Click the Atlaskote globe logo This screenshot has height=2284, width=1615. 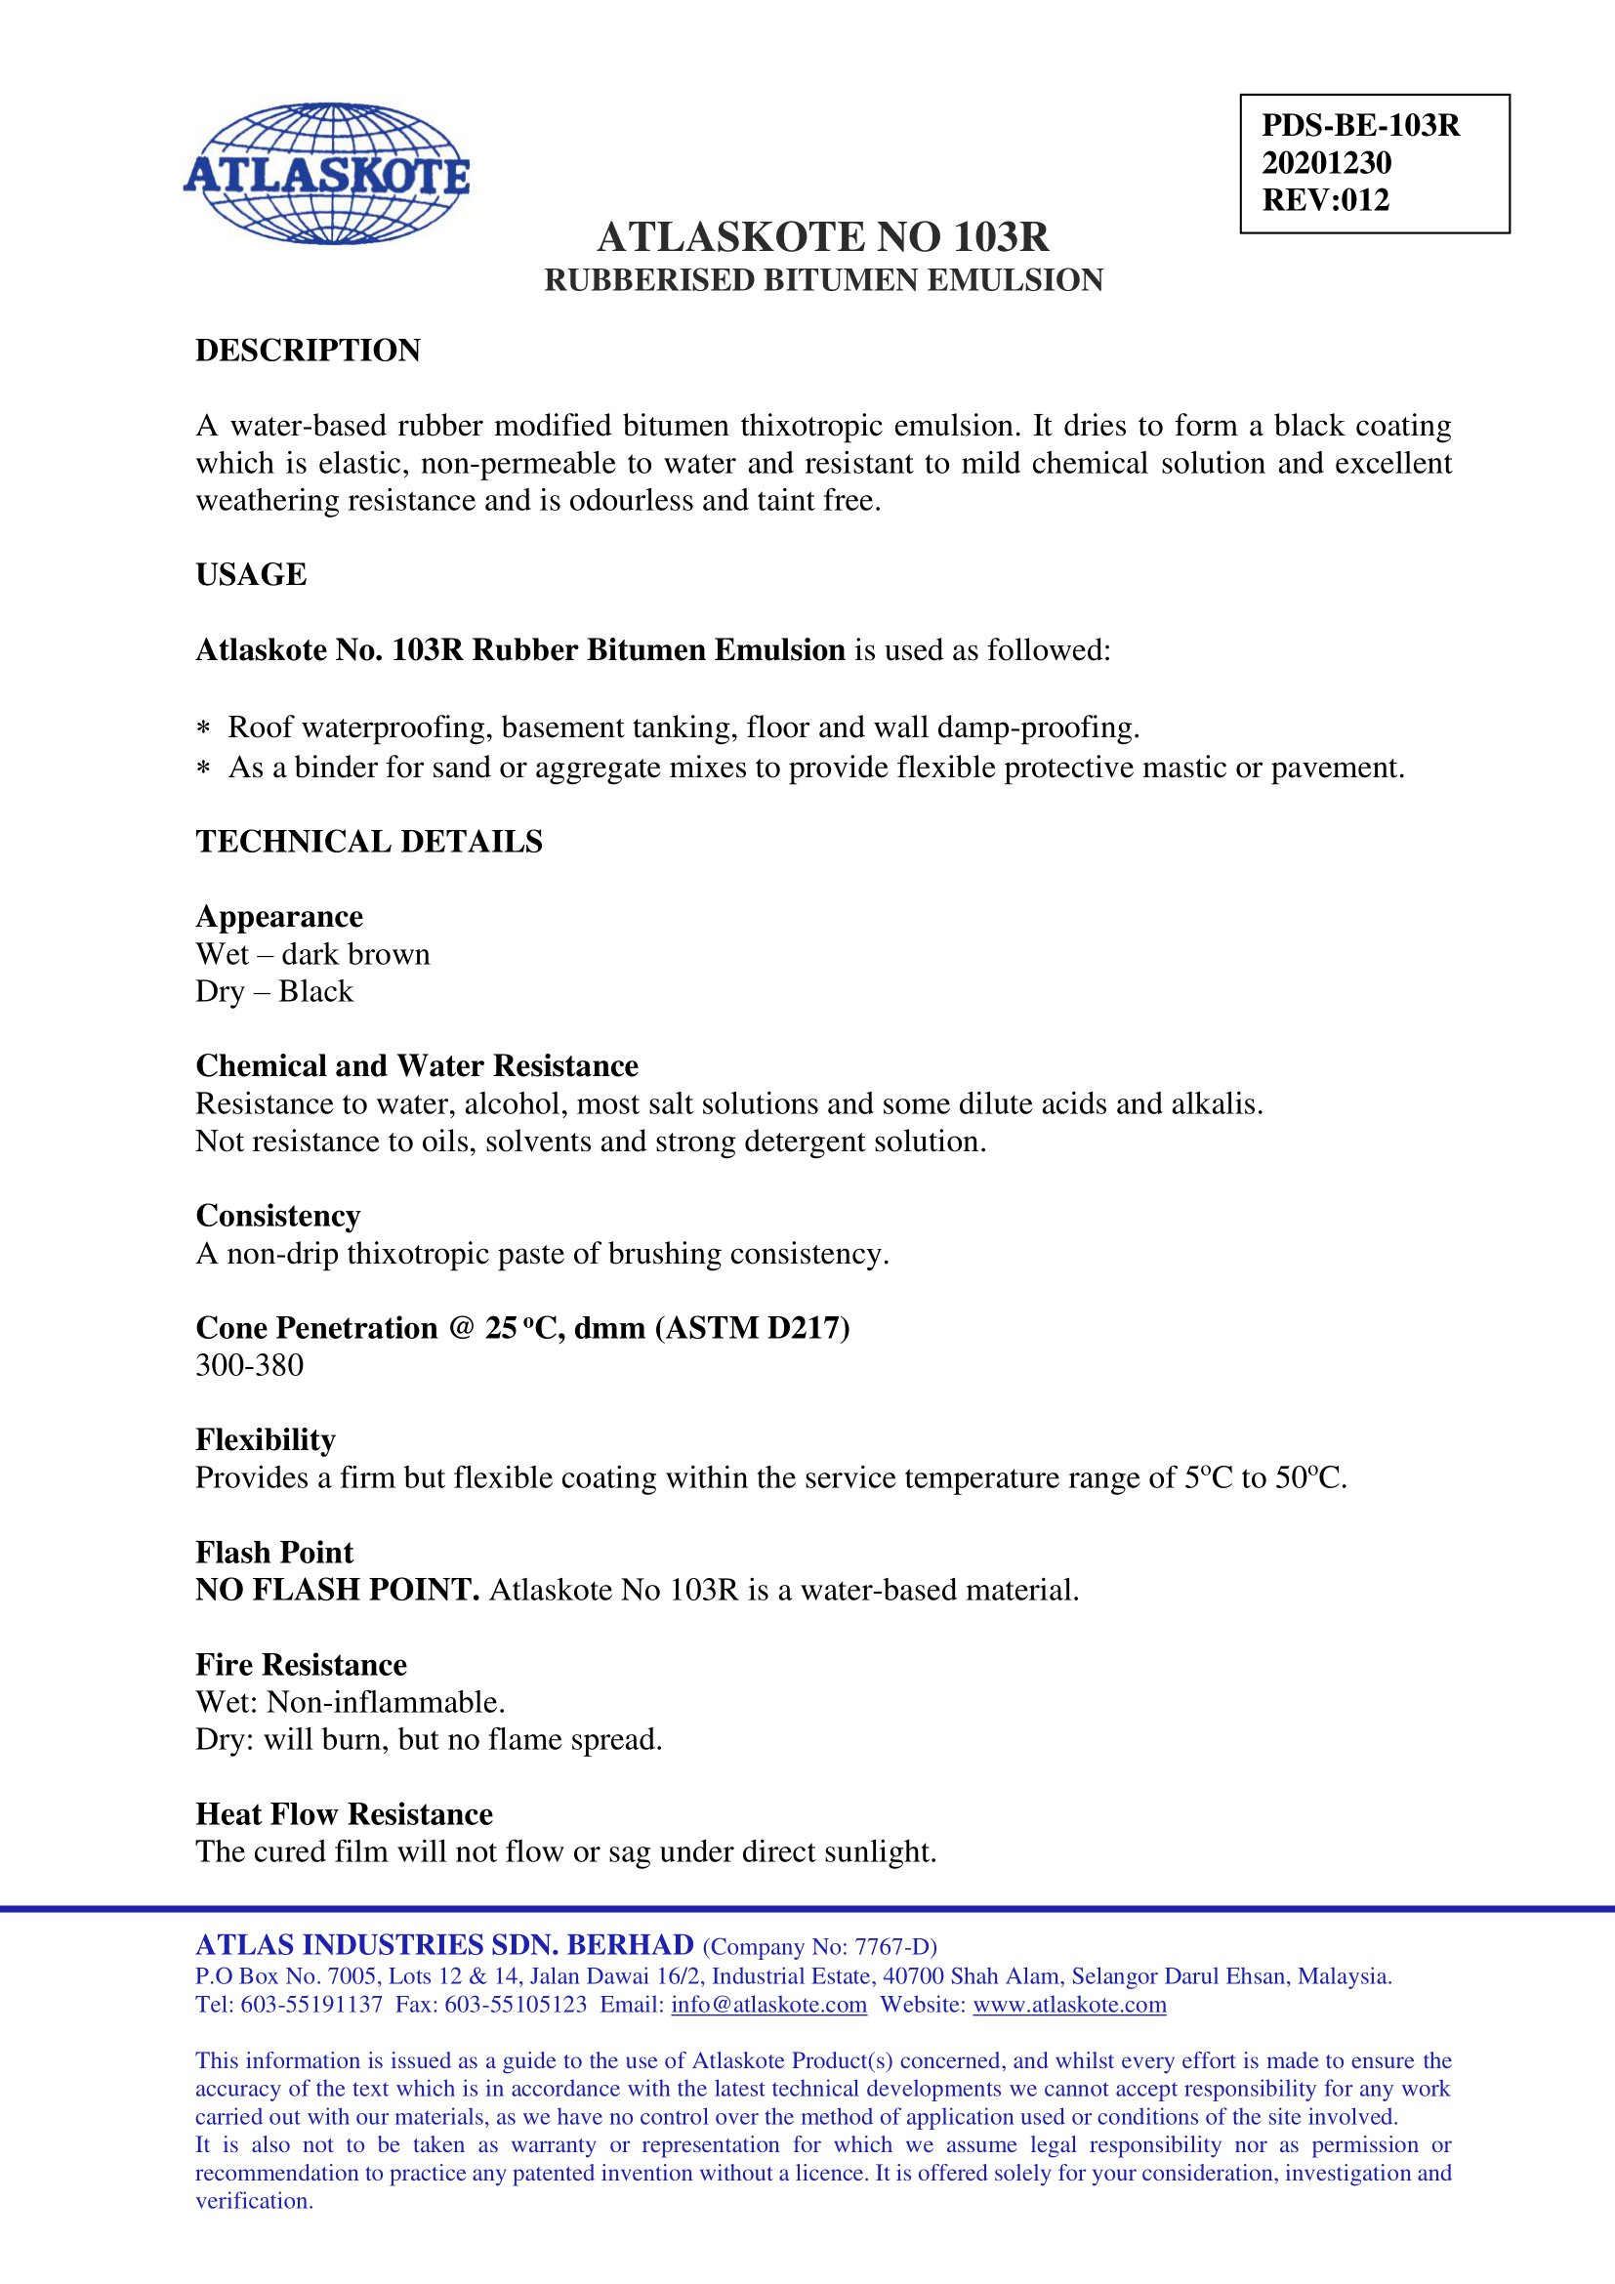tap(326, 173)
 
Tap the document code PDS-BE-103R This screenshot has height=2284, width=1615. tap(1359, 125)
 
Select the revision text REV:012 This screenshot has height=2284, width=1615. tap(1325, 200)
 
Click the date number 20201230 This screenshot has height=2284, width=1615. tap(1326, 163)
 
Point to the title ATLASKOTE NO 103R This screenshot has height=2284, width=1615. tap(822, 236)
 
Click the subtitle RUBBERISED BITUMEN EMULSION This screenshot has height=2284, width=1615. tap(822, 280)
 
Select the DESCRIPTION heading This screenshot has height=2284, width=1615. tap(308, 351)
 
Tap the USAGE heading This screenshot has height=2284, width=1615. tap(251, 575)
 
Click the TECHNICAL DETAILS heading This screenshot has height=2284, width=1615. tap(369, 842)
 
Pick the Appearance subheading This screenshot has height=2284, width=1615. tap(278, 916)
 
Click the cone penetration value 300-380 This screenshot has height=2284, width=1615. tap(250, 1365)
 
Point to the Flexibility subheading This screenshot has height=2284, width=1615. tap(265, 1439)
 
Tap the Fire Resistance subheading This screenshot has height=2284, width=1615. tap(301, 1664)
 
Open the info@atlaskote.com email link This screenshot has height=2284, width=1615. tap(767, 2005)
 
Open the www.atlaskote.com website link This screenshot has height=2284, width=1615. tap(1069, 2005)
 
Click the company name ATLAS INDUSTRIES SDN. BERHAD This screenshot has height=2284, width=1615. tap(443, 1946)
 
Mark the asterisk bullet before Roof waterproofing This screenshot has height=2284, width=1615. tap(203, 729)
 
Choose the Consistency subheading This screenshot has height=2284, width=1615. tap(277, 1216)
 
